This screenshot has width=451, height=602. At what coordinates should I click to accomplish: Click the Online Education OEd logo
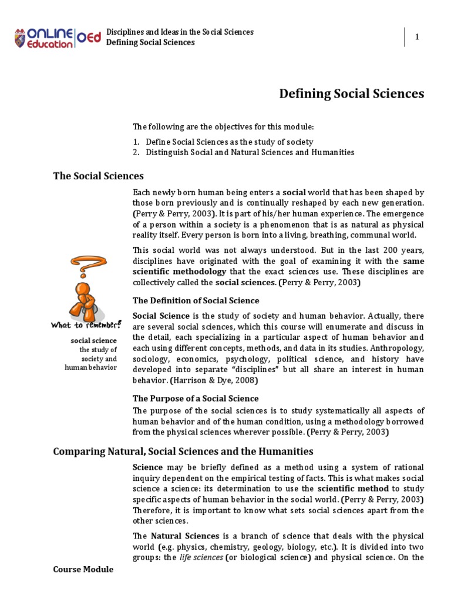tap(57, 37)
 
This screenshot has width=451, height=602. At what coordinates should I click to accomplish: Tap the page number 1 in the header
tap(417, 37)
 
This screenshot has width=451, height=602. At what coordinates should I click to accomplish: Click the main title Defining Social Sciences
tap(351, 93)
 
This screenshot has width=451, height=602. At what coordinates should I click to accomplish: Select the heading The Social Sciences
tap(98, 175)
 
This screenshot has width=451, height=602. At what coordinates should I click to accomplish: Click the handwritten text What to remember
tap(86, 324)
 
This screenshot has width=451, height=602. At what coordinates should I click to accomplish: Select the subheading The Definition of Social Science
tap(196, 300)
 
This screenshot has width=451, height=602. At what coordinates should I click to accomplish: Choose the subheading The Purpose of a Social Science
tap(196, 398)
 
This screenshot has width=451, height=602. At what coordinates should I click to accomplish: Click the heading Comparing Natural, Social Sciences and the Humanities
tap(183, 451)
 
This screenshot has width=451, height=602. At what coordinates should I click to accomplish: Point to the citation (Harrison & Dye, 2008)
tap(211, 380)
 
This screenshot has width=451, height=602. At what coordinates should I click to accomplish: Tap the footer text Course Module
tap(83, 570)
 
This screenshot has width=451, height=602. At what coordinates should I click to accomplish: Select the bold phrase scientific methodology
tap(179, 271)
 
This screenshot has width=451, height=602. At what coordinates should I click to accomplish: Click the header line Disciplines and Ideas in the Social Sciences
tap(180, 32)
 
